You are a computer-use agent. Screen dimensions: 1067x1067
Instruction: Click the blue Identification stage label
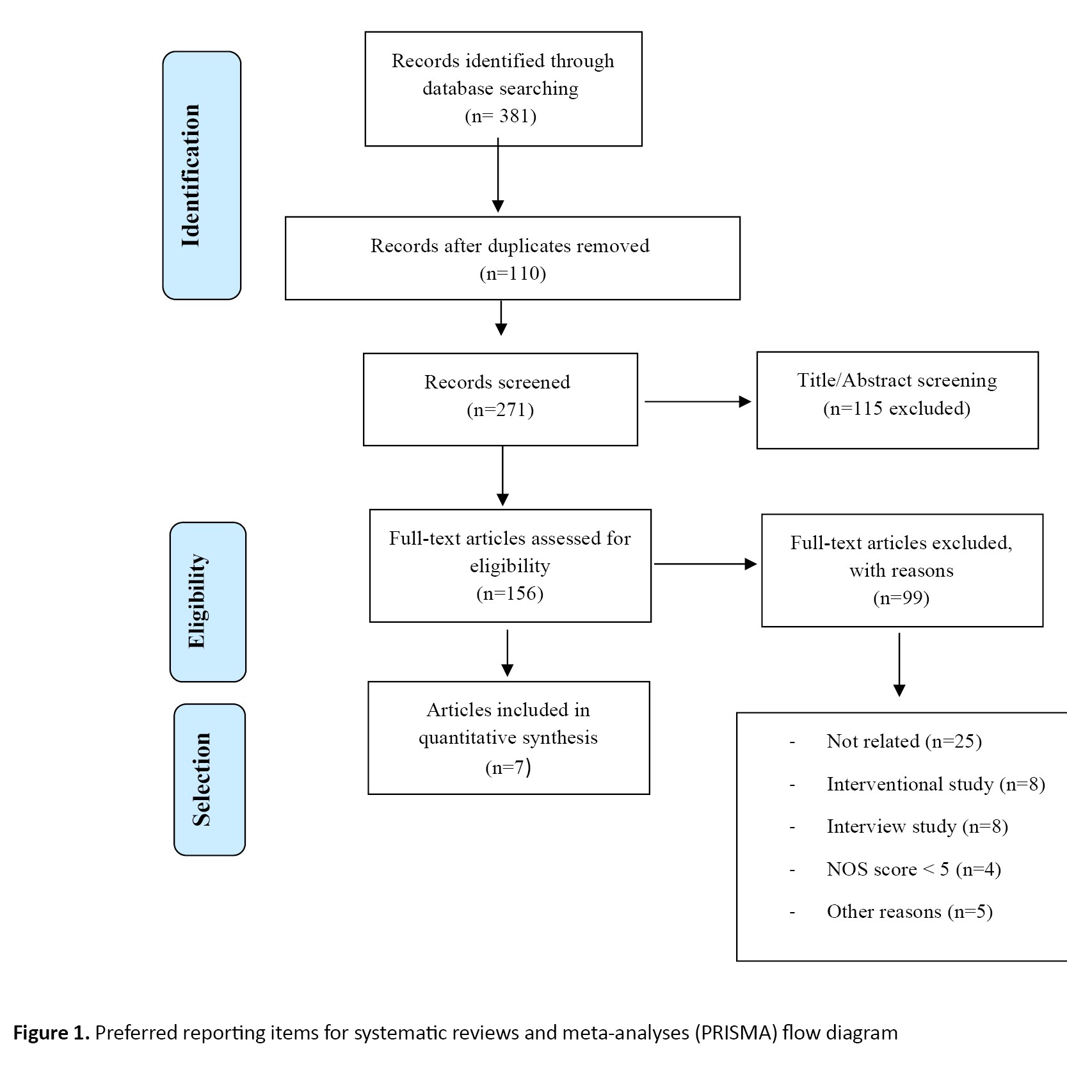[202, 175]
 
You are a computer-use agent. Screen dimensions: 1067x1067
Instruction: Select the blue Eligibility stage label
[208, 602]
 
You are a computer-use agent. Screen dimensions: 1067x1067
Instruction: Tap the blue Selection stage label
[210, 780]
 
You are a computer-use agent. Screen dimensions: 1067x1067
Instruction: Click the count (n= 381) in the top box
[501, 116]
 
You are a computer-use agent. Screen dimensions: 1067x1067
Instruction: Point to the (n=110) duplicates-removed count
[513, 274]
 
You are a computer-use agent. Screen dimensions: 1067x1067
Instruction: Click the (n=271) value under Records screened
[500, 410]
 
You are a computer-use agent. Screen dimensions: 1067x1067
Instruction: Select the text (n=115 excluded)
[897, 408]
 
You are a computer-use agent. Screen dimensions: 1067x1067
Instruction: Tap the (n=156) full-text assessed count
[509, 593]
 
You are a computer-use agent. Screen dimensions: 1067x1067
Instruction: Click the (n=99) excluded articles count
[901, 598]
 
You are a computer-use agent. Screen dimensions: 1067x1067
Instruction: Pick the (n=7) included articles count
[508, 767]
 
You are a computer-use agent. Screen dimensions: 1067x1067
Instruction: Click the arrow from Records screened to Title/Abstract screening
[698, 402]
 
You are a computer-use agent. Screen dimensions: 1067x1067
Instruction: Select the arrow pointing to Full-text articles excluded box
[705, 564]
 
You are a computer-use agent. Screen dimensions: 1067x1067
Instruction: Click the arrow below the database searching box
[498, 175]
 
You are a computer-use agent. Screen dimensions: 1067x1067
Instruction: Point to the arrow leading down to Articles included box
[507, 653]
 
